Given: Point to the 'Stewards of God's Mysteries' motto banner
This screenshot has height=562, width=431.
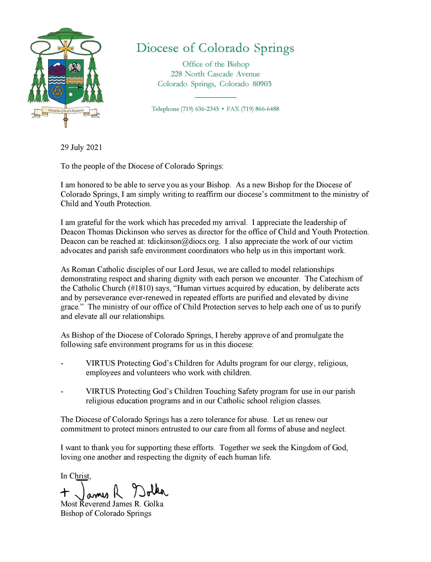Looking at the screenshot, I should click(66, 111).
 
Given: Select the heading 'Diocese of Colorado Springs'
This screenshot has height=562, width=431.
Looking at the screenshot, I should click(215, 48).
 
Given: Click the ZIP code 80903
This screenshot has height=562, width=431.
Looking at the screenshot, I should click(262, 84).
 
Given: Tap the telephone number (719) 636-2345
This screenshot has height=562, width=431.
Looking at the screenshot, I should click(200, 109).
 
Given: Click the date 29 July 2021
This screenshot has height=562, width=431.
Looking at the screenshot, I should click(81, 147).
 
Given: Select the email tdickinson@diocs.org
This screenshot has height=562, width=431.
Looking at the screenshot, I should click(184, 241).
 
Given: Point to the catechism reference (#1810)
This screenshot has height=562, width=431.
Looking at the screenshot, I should click(141, 288).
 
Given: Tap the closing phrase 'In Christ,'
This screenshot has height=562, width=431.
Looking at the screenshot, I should click(76, 476).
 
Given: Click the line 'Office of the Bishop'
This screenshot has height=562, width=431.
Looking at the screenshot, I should click(216, 64).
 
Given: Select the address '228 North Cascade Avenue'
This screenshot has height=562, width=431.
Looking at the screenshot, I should click(215, 74).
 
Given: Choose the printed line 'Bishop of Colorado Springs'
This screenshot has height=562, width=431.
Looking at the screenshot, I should click(106, 513).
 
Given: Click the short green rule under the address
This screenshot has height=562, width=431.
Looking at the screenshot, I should click(216, 97).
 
